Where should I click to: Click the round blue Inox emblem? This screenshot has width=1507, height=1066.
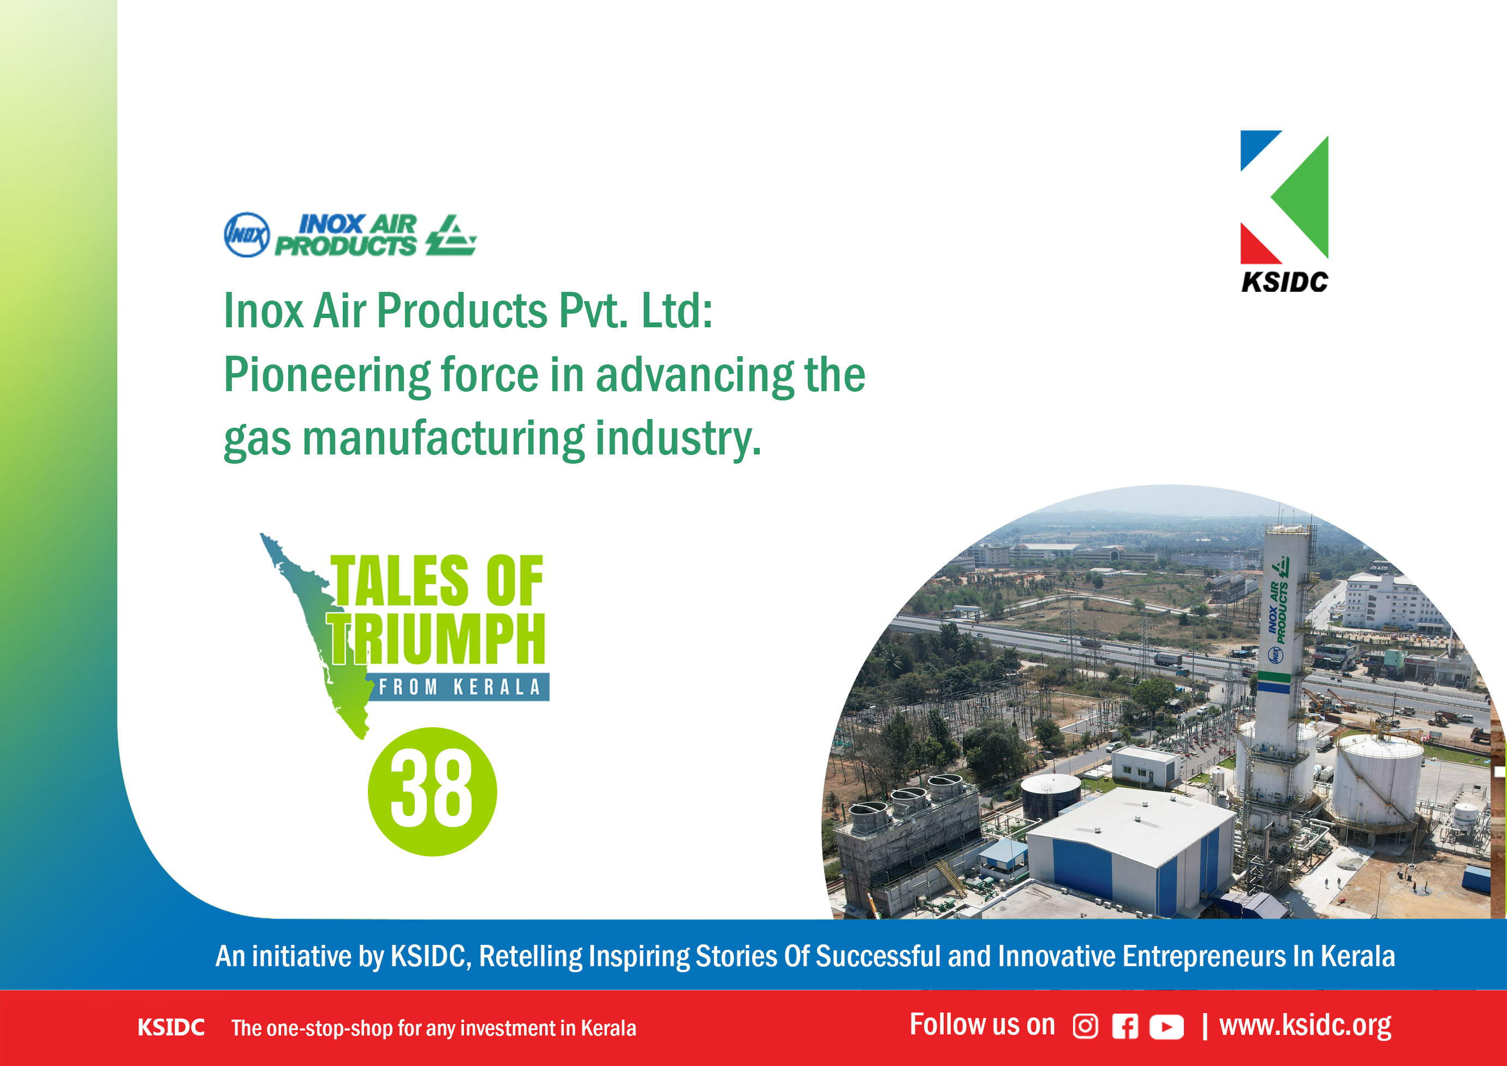click(x=247, y=235)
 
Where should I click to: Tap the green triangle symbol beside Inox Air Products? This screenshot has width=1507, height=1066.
click(x=451, y=235)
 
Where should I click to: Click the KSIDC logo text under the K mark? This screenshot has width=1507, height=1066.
click(x=1284, y=282)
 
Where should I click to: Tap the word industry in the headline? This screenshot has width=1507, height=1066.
click(x=678, y=439)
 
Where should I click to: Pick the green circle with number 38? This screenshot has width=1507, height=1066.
click(x=432, y=792)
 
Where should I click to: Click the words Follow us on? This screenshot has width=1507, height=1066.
click(x=982, y=1025)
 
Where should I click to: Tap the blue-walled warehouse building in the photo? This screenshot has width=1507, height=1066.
click(x=1129, y=853)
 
